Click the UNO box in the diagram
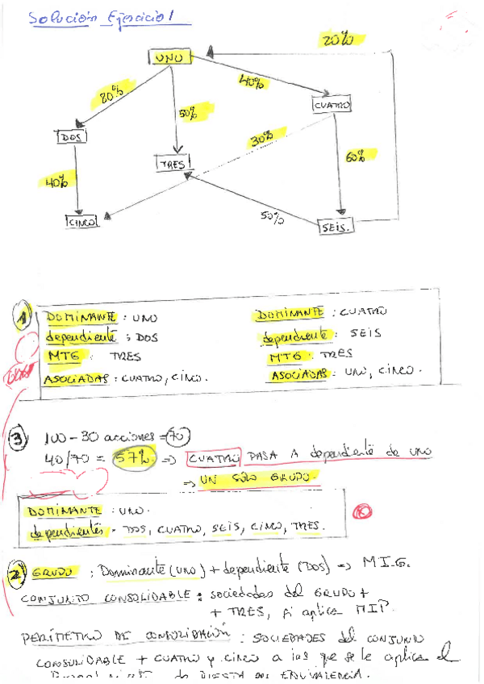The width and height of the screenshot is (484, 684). [169, 57]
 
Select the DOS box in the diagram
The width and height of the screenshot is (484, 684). [72, 136]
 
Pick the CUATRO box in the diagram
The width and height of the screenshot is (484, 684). [332, 105]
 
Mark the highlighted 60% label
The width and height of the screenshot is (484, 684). [354, 158]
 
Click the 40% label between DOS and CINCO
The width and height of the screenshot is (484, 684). [56, 183]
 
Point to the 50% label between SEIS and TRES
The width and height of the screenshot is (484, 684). [271, 216]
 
